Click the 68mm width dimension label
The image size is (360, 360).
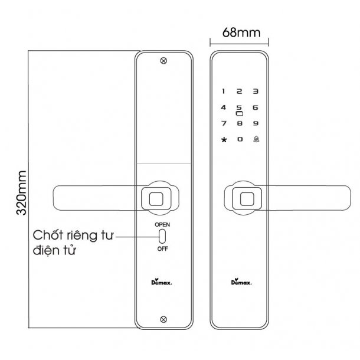coord(241,32)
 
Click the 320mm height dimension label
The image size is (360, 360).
coord(21,192)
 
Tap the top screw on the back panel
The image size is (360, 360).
coord(163,61)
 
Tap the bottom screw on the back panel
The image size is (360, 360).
coord(163,319)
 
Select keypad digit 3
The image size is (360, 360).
coord(256,91)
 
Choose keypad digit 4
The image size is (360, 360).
coord(224,107)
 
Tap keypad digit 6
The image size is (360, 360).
coord(256,107)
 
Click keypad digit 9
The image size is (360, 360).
coord(256,123)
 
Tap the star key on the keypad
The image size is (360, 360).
coord(224,140)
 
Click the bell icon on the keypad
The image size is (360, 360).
coord(256,139)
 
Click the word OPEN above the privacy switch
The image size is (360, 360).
coord(162,224)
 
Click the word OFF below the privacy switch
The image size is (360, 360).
coord(162,248)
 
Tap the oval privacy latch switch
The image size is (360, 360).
coord(162,236)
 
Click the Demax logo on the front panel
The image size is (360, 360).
coord(241,282)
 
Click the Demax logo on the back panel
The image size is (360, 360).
coord(161,282)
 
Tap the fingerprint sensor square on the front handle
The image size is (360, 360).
coord(247,199)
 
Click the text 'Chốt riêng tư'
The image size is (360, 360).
coord(73,235)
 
